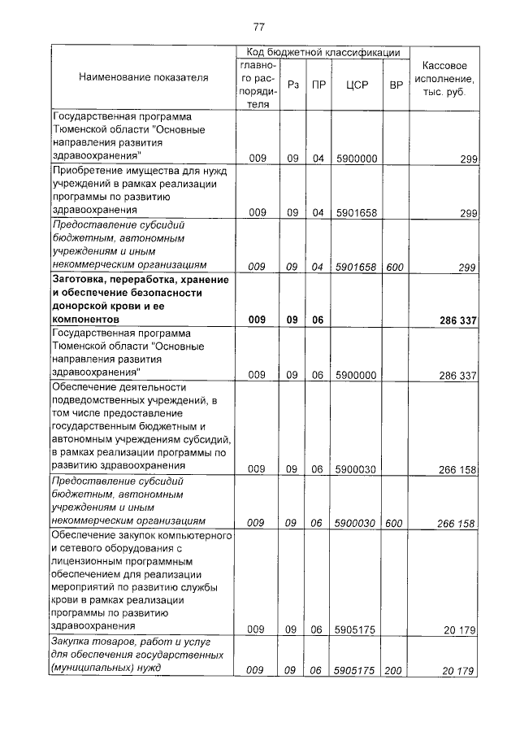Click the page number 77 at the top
pos(259,27)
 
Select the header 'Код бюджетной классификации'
pos(323,52)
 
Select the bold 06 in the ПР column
pos(318,320)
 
